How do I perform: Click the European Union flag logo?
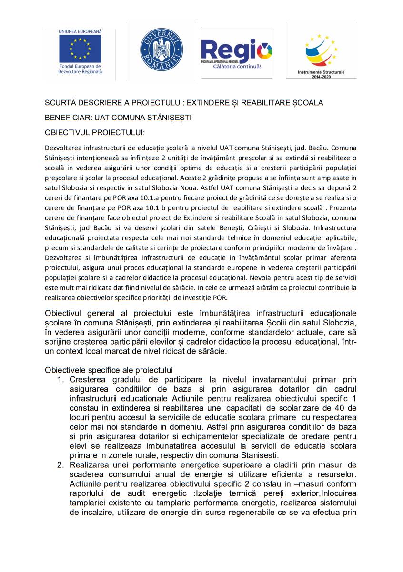[80, 49]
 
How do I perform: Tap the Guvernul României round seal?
[161, 49]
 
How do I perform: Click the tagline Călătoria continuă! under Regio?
[237, 66]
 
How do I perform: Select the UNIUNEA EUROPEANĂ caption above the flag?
[80, 31]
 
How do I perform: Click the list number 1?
[60, 379]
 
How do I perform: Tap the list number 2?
[60, 464]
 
